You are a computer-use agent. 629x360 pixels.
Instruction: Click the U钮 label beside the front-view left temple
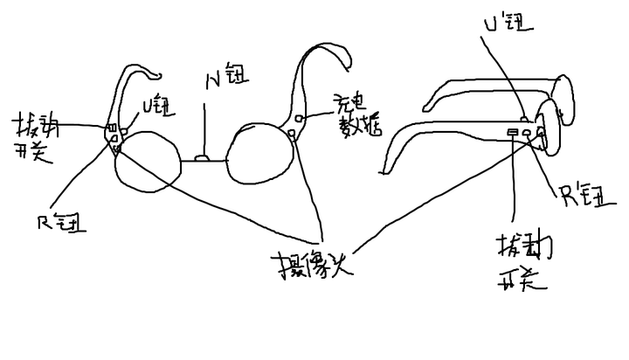pos(160,109)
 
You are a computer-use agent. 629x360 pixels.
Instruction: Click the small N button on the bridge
pos(202,158)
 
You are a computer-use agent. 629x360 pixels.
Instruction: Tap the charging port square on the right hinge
pos(300,118)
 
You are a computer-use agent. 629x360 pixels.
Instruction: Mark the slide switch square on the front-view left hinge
pos(112,132)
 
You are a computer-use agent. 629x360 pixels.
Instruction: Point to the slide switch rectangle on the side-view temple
pos(512,133)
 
